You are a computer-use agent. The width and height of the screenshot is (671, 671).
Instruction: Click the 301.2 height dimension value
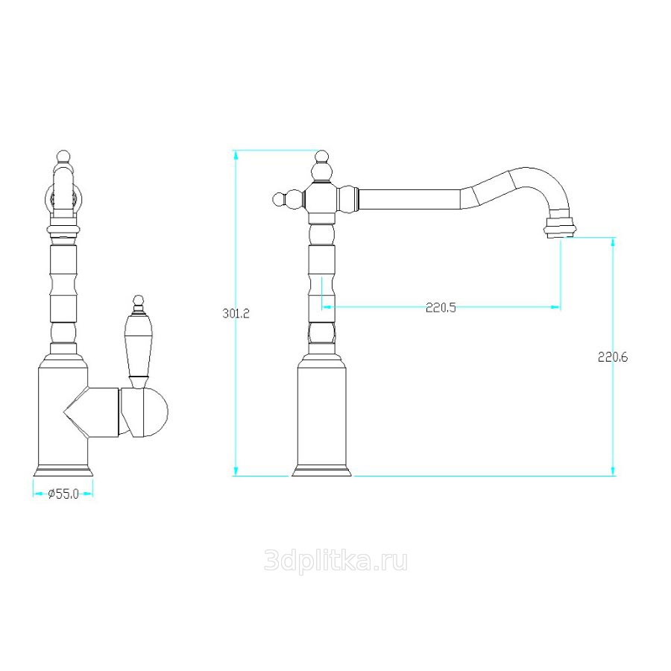pos(236,314)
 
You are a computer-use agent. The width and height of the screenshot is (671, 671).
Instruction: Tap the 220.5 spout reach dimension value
pos(441,308)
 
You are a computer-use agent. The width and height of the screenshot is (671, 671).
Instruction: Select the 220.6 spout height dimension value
pos(613,357)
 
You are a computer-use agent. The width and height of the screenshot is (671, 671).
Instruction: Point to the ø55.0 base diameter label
pos(63,494)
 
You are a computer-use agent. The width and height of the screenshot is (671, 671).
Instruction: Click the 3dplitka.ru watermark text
pos(336,560)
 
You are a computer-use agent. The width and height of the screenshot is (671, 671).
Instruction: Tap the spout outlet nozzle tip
pos(559,227)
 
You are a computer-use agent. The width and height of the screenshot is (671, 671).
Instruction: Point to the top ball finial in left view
pos(63,157)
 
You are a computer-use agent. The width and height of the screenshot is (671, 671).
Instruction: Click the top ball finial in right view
pos(322,157)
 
